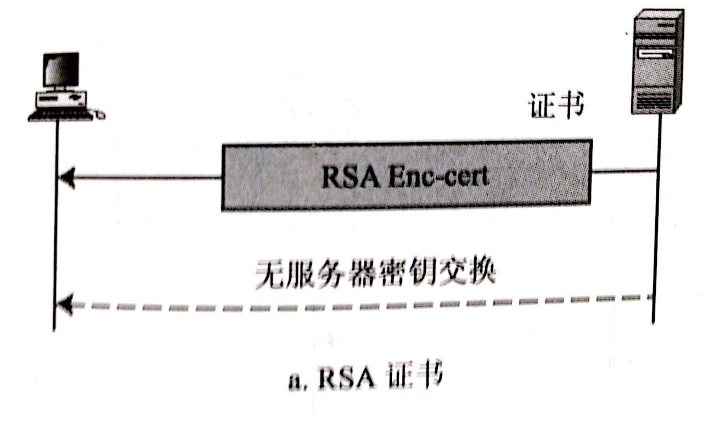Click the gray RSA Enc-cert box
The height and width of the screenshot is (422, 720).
coord(407,175)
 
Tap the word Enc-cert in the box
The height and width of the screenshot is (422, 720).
coord(439,176)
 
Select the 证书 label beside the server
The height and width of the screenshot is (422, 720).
coord(556,105)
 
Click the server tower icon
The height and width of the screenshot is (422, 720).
coord(657,61)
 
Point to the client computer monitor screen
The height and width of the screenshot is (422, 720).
coord(61,69)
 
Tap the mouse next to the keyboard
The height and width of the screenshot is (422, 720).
coord(100,114)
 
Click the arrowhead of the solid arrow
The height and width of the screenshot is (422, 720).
coord(67,177)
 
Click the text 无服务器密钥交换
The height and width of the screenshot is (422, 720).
coord(375,273)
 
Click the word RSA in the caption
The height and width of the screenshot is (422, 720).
coord(346,376)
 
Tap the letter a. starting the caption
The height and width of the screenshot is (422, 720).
coord(297,380)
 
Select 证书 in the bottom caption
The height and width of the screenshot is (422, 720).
coord(415,375)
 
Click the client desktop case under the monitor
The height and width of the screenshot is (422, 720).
coord(61,99)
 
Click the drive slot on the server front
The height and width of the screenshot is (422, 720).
coord(655,55)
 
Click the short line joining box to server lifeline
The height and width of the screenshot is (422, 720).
coord(624,170)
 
